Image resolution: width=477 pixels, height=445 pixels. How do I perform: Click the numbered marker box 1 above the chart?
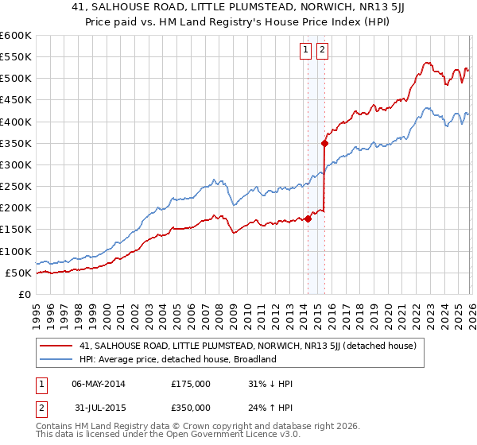pos(306,50)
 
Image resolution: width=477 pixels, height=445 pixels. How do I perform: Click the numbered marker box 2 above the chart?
pos(322,50)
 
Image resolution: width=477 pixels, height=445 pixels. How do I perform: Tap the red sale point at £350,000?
pos(324,144)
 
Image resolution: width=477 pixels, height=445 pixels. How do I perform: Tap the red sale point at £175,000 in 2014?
pos(308,219)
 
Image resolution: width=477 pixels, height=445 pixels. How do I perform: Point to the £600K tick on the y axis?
pos(15,36)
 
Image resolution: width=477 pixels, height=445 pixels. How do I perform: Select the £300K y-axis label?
pos(15,165)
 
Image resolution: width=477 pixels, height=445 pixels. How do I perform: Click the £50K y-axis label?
pos(18,273)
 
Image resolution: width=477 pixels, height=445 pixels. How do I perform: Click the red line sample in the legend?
pos(56,346)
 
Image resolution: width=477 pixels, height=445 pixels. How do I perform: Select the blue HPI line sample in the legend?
pos(56,359)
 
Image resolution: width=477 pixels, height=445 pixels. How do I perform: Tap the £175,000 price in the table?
pos(190,384)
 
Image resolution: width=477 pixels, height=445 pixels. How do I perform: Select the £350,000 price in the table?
pos(190,408)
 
